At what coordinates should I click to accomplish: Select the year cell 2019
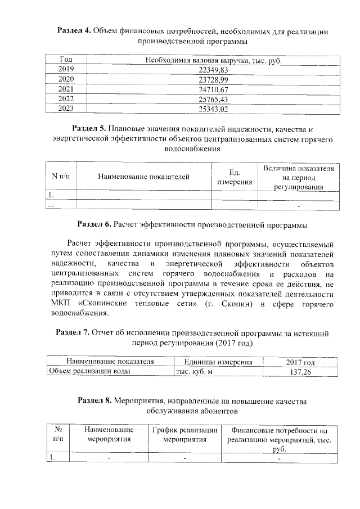(x=66, y=69)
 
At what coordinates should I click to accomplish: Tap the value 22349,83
(x=214, y=69)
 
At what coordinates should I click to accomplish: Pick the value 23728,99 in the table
(x=214, y=79)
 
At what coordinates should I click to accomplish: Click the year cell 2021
(x=66, y=89)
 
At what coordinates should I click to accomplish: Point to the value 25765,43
(x=214, y=99)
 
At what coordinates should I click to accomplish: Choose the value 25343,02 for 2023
(x=214, y=109)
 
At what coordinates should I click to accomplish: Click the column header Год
(x=66, y=60)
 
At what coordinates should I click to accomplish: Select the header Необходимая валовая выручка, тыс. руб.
(x=213, y=60)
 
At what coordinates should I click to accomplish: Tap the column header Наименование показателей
(x=143, y=177)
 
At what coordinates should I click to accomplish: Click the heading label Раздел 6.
(x=94, y=224)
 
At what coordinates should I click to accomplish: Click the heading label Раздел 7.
(x=72, y=332)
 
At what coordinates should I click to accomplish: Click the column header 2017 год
(x=301, y=362)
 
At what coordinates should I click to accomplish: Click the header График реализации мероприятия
(x=185, y=434)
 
